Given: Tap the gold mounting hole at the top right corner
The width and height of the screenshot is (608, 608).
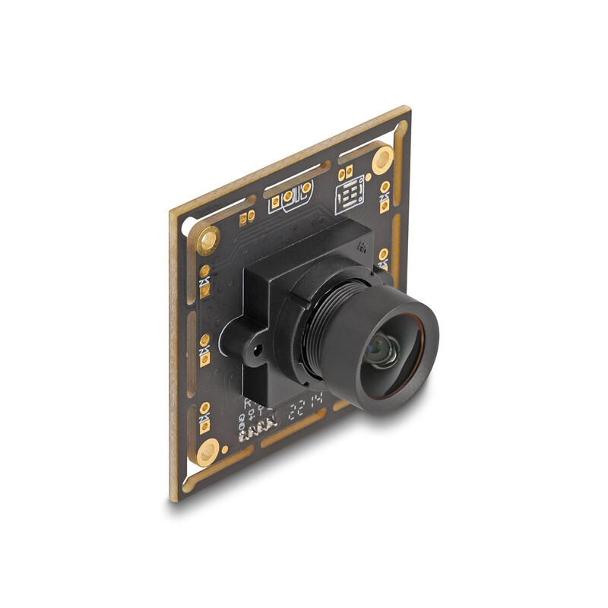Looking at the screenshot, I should tap(382, 159).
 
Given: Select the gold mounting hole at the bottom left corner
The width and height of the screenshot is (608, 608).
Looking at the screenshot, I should tap(207, 453).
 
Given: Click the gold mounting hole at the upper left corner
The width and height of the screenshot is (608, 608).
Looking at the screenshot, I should tap(208, 241).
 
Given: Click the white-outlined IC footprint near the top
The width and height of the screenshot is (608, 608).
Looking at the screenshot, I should tap(350, 195).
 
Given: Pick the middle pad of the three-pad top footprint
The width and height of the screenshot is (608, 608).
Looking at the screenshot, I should tap(289, 197).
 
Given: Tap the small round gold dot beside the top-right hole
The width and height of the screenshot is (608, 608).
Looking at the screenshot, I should tap(369, 177).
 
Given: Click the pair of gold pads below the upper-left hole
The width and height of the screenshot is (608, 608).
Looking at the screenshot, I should tap(205, 279).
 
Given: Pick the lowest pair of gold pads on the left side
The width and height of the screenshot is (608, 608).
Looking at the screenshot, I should tap(205, 417).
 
